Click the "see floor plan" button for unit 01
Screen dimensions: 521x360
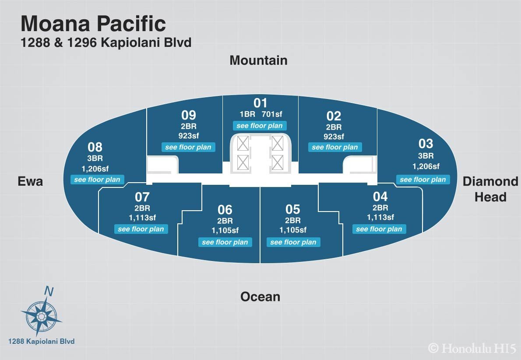click(260, 126)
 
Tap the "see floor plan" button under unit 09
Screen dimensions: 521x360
click(188, 147)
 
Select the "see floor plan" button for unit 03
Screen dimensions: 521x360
click(423, 180)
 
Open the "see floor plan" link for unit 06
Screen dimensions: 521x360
click(225, 242)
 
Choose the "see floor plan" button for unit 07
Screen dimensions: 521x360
click(141, 229)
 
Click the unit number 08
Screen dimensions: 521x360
click(95, 147)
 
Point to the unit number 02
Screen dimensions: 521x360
click(334, 116)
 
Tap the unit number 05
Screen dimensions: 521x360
click(293, 209)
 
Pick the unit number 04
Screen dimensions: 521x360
click(380, 197)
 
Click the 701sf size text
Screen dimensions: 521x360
click(272, 114)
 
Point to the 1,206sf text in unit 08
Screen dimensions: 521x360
click(95, 169)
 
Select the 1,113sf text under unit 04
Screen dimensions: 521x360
click(380, 217)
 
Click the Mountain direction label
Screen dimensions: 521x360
click(258, 60)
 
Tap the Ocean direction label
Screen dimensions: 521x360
click(260, 297)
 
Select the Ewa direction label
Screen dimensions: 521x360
click(30, 181)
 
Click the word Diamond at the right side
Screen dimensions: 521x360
click(490, 181)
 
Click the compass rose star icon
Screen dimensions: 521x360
click(41, 316)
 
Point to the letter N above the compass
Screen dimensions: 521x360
click(49, 291)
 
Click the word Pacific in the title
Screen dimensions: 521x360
click(132, 24)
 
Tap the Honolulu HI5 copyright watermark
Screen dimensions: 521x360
click(472, 348)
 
